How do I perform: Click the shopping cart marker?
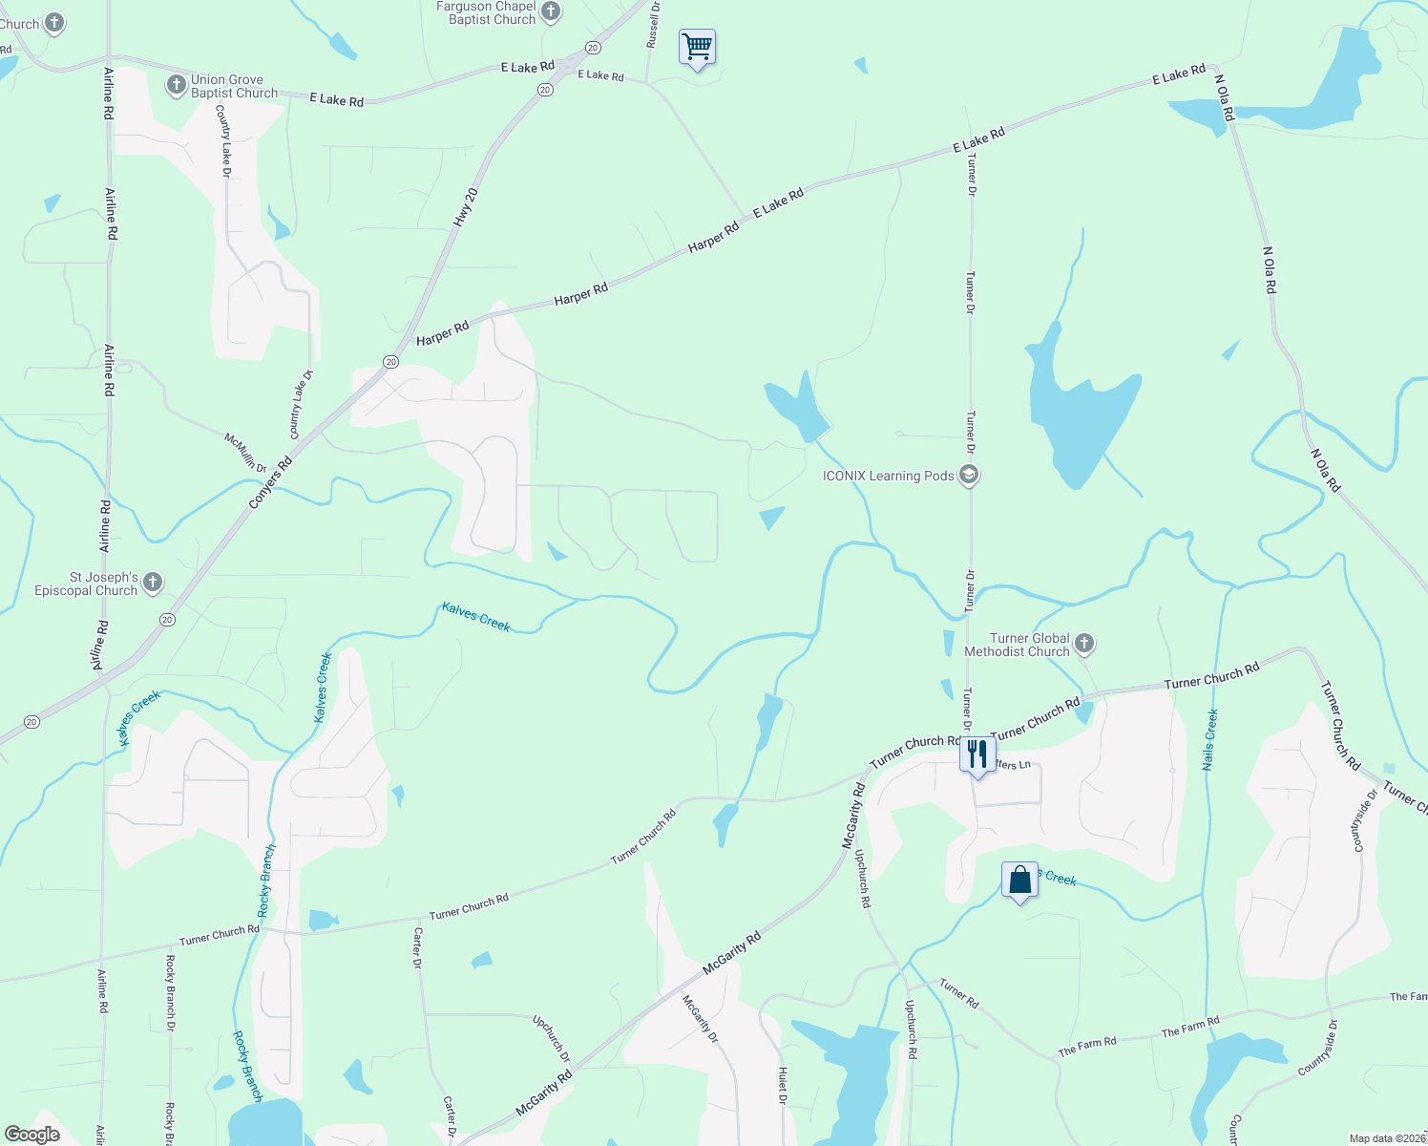[697, 47]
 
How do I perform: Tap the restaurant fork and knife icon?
[976, 755]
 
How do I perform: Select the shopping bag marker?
[1019, 881]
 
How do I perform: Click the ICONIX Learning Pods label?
[888, 476]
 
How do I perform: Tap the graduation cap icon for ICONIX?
[969, 475]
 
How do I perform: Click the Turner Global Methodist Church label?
[1017, 646]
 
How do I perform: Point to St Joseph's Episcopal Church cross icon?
[153, 583]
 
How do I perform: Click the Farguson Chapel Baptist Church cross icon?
[551, 11]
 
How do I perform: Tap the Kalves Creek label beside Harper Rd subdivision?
[476, 617]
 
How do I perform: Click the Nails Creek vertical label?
[1210, 739]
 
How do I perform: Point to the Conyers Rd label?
[270, 483]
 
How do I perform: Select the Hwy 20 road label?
[465, 208]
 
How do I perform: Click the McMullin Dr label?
[245, 453]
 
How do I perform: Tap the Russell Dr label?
[654, 25]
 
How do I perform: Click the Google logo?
[32, 1135]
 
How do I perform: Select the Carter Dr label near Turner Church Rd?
[417, 947]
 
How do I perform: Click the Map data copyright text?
[1387, 1138]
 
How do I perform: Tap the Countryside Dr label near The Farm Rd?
[1318, 1049]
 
